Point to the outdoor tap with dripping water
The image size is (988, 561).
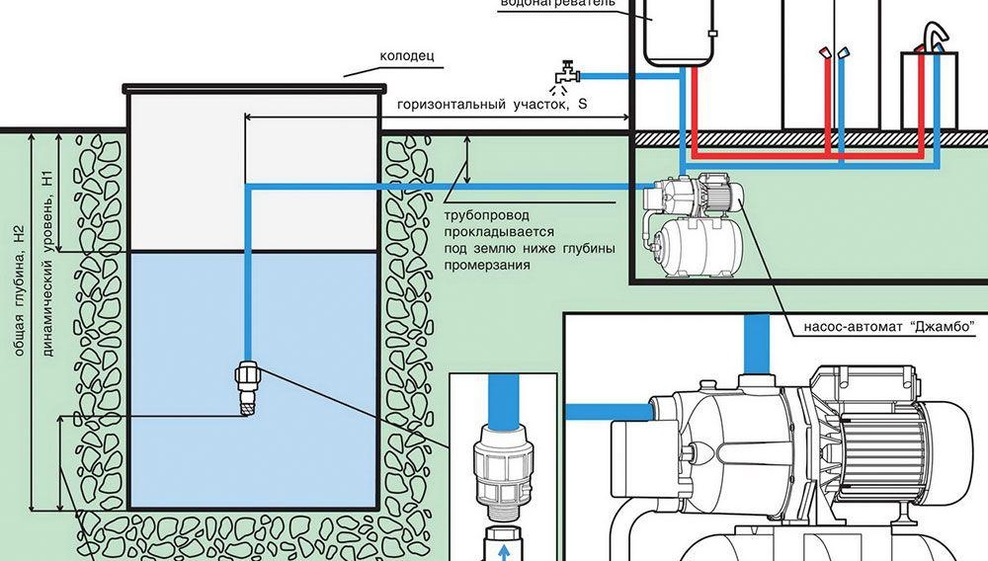point(566,74)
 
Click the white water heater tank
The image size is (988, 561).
point(680,33)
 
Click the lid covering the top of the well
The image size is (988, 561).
point(254,86)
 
